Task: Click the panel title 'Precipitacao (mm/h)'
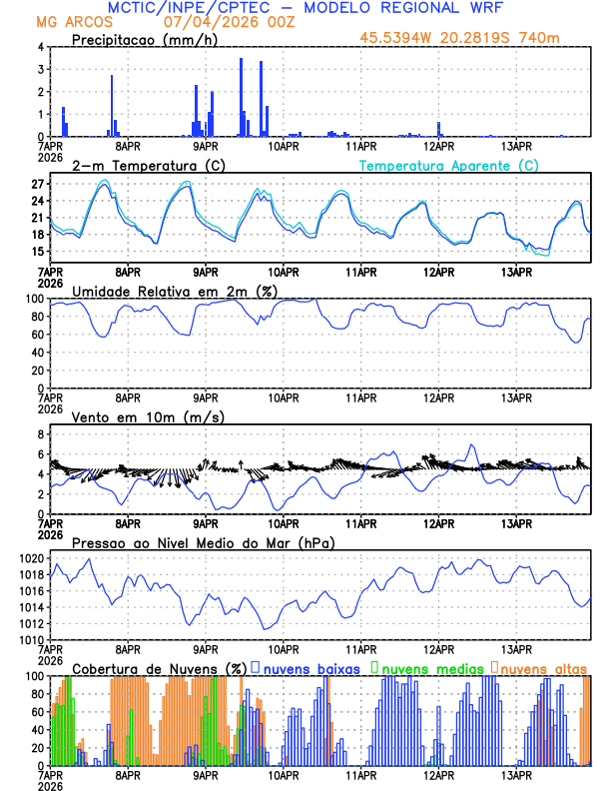tap(140, 39)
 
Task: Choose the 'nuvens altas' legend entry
tap(543, 667)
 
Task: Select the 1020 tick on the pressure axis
tap(32, 558)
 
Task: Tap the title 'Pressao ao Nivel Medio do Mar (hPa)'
tap(203, 542)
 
